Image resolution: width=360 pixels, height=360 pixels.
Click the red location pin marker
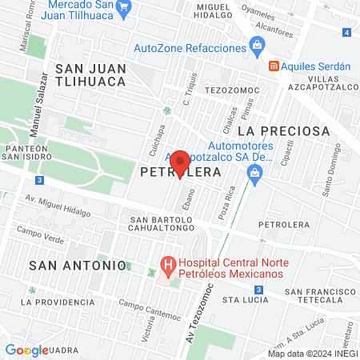180,164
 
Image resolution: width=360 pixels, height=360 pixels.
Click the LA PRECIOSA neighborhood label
283,130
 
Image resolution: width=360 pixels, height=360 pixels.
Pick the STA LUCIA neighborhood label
244,299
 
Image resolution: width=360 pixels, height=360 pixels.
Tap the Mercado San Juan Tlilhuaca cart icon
122,9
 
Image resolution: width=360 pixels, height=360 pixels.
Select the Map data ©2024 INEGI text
312,353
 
